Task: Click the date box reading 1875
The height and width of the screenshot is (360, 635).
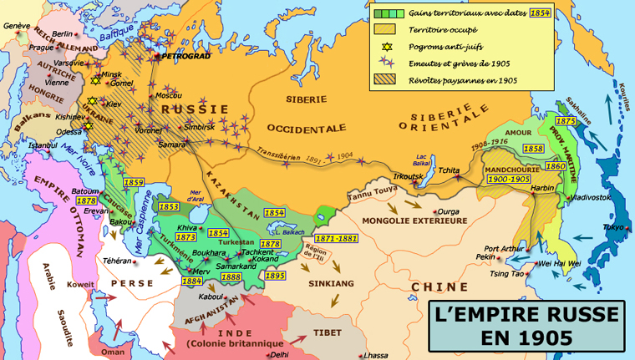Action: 565,121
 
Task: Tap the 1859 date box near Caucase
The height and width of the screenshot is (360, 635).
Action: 134,182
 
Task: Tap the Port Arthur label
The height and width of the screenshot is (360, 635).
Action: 505,248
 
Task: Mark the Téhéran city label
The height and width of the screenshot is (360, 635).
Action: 118,261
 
